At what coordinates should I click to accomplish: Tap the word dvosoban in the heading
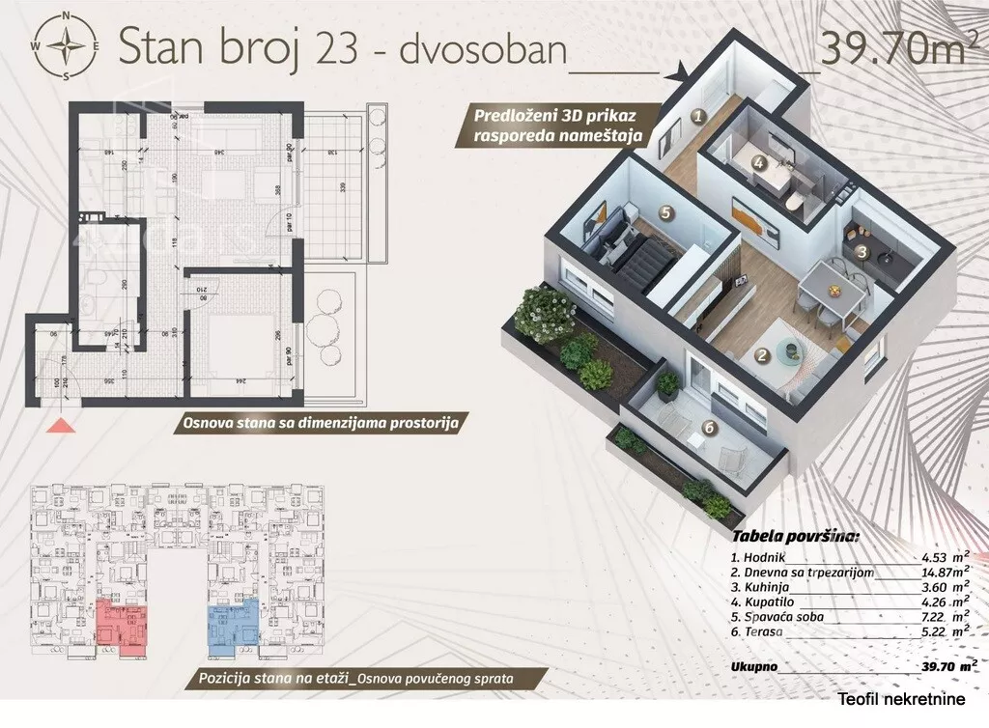[x=483, y=48]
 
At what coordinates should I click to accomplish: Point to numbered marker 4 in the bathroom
[x=759, y=164]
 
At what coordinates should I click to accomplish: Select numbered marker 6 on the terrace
[x=710, y=427]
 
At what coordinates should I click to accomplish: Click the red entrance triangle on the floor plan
[x=60, y=423]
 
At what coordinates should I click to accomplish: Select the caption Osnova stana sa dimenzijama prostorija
[x=319, y=422]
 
